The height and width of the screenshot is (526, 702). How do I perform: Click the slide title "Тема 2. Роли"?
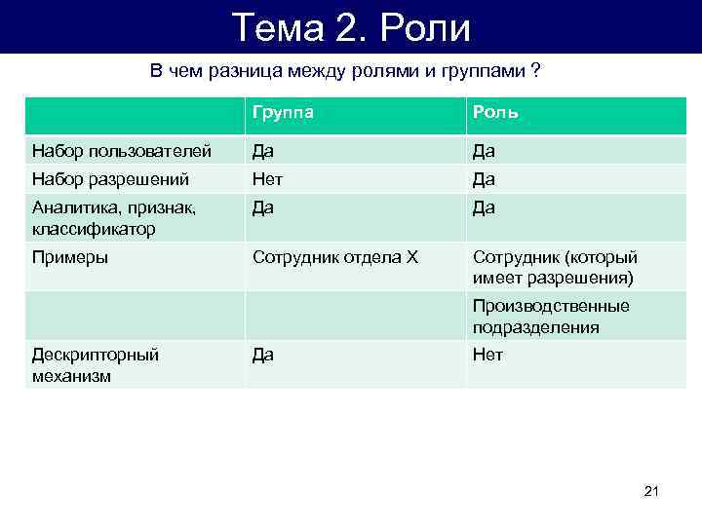pyautogui.click(x=351, y=27)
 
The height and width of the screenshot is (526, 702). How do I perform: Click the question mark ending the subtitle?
pyautogui.click(x=536, y=71)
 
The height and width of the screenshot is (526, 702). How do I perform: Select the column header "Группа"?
pyautogui.click(x=283, y=113)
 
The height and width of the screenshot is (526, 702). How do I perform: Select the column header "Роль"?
pyautogui.click(x=495, y=113)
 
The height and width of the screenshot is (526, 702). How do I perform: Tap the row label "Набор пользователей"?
pyautogui.click(x=122, y=151)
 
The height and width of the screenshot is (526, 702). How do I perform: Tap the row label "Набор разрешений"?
pyautogui.click(x=110, y=179)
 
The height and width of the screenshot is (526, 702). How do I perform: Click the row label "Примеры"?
pyautogui.click(x=70, y=257)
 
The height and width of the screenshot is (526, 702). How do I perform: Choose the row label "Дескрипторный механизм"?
pyautogui.click(x=95, y=365)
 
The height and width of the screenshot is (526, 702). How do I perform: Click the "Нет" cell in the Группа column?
pyautogui.click(x=267, y=179)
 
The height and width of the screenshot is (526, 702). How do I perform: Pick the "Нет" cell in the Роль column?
pyautogui.click(x=487, y=355)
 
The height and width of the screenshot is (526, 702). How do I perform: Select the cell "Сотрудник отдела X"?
pyautogui.click(x=334, y=257)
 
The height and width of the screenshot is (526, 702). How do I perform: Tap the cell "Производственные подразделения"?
pyautogui.click(x=551, y=317)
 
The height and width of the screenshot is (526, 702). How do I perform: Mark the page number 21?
pyautogui.click(x=652, y=491)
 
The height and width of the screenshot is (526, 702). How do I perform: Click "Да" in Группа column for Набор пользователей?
pyautogui.click(x=263, y=151)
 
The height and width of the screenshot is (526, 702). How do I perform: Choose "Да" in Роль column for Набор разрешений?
pyautogui.click(x=484, y=179)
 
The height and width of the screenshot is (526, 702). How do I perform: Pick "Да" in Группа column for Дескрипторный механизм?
pyautogui.click(x=263, y=355)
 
